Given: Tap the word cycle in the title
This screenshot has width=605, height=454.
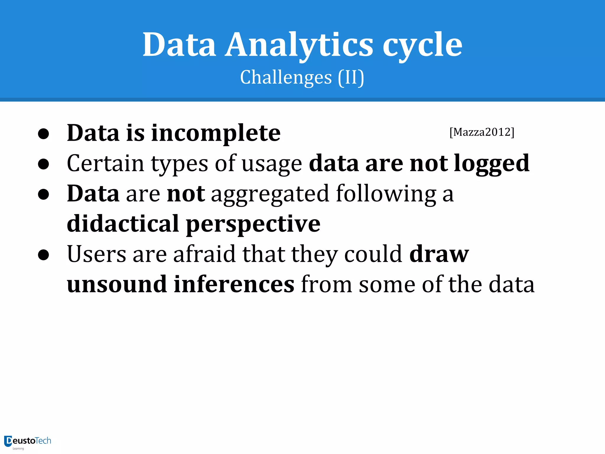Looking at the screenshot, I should click(422, 45).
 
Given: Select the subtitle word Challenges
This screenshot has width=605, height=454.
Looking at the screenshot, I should click(286, 77).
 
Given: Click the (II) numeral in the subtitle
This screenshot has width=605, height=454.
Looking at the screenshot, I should click(351, 77).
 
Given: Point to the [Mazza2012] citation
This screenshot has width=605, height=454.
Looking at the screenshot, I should click(482, 132).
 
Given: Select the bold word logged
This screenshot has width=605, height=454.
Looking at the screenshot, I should click(492, 163).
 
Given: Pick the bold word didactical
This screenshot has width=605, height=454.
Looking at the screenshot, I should click(123, 223).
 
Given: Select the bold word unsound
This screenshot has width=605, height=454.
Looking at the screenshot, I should click(117, 284).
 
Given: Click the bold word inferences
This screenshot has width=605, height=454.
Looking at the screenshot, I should click(234, 284).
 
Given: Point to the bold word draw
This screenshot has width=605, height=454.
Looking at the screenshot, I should click(439, 254).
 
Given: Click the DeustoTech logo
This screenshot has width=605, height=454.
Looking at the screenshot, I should click(27, 442).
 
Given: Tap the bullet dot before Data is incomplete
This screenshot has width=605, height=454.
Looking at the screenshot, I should click(43, 134).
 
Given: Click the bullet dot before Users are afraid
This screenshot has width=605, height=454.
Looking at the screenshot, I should click(43, 255).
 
